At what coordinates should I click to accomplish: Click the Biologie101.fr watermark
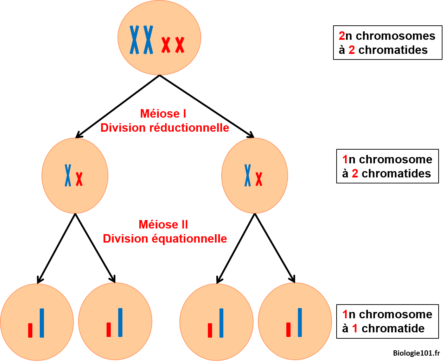point(416,353)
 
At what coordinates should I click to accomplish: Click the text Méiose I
point(163,113)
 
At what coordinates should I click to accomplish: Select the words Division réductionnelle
point(165,127)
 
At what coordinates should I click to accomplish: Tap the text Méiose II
point(163,225)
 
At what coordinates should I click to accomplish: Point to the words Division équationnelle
point(165,239)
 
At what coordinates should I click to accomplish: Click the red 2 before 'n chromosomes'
point(342,36)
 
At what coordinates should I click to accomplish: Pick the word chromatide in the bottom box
point(393,328)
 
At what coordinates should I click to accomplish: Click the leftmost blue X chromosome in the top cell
point(134,40)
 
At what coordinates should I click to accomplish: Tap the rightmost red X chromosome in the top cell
point(180,45)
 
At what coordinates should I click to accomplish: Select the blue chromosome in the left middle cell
point(68,175)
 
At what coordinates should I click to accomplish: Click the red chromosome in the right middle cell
point(259,179)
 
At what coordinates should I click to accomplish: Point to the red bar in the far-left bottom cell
point(30,330)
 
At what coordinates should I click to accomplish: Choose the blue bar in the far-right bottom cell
point(300,322)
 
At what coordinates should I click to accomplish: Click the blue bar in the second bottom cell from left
point(120,322)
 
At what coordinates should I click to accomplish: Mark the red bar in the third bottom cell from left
point(210,330)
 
